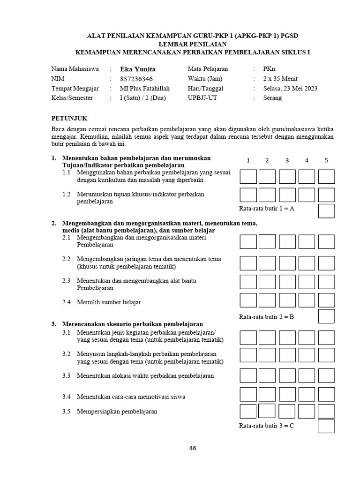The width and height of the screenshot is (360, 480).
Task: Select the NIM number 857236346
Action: point(136,79)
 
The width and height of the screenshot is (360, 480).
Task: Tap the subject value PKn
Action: point(269,69)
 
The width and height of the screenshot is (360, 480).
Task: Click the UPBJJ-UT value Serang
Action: point(272,98)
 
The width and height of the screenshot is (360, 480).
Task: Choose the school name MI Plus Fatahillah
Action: point(145,88)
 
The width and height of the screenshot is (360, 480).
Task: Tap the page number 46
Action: point(193,448)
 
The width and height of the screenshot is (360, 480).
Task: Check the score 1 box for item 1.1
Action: point(248,177)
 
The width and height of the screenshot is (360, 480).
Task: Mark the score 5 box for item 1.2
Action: point(326,195)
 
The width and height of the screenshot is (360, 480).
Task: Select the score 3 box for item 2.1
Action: point(287,241)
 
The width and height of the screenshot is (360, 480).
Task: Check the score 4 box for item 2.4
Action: point(307,300)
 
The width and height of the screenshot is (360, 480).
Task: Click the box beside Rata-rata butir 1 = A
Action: point(326,211)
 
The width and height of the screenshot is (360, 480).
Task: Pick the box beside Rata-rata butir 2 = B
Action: point(326,316)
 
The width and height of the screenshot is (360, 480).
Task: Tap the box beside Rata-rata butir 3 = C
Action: point(326,426)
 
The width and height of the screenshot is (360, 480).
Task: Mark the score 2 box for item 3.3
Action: point(267,375)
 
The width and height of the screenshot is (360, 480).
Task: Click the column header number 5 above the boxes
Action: point(326,160)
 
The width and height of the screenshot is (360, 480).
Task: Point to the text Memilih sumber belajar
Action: point(109,302)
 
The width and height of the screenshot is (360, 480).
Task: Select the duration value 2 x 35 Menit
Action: point(280,79)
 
